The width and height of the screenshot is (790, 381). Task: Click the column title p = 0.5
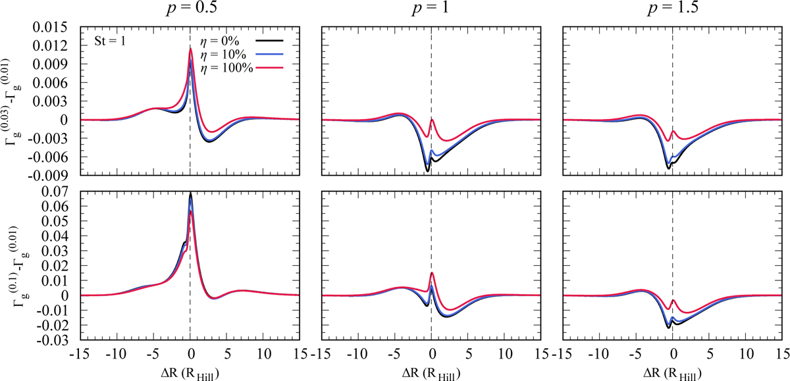click(189, 11)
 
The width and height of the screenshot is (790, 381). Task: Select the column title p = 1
click(431, 11)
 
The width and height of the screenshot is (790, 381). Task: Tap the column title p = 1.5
click(672, 11)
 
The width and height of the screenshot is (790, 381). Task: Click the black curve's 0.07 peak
click(190, 193)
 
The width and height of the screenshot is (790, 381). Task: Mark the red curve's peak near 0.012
click(190, 49)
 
